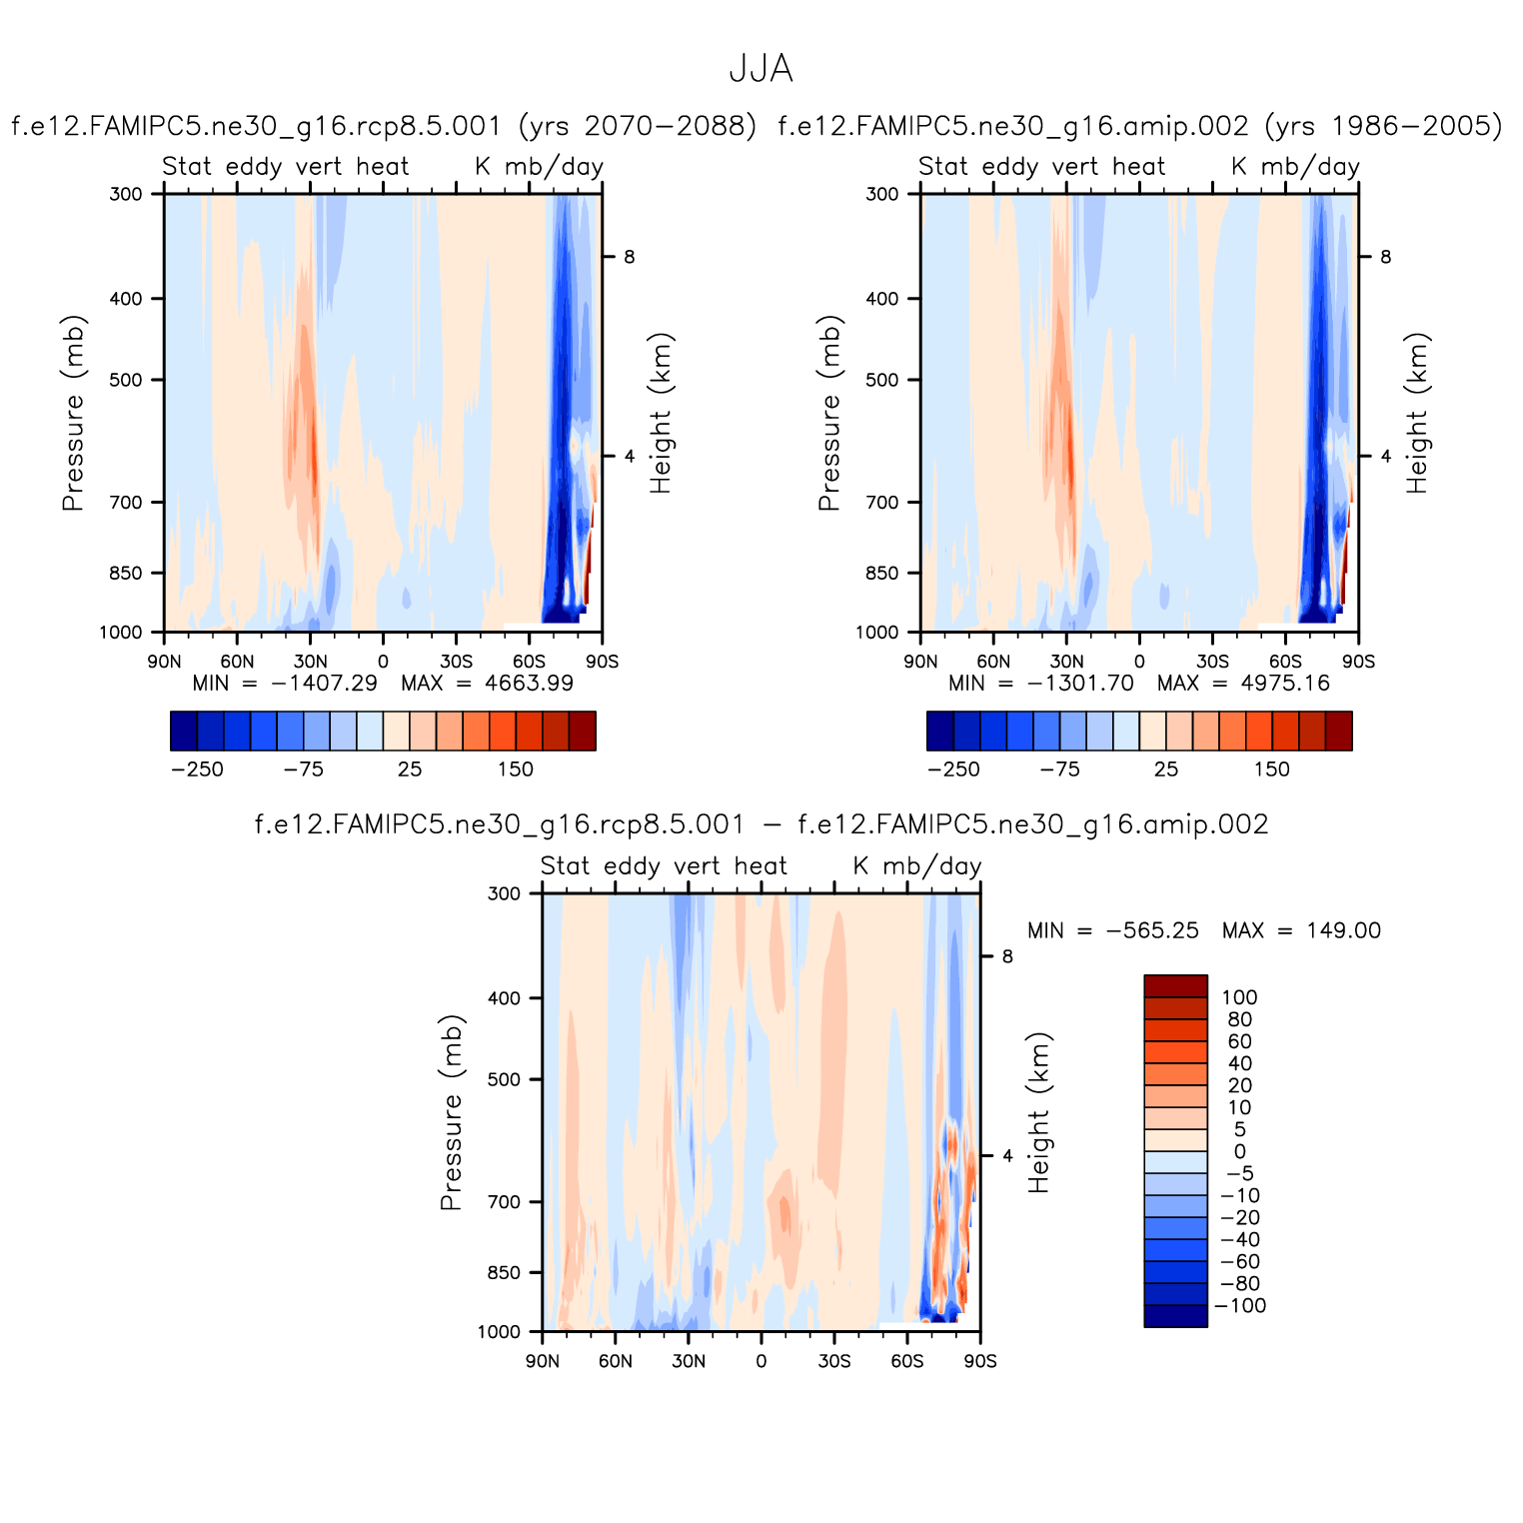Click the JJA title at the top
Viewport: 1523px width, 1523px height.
761,69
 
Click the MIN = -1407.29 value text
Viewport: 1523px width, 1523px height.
285,684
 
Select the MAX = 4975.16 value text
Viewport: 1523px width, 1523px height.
1243,684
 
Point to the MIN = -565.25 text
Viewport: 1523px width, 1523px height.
1112,930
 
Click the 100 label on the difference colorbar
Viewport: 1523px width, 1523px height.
1239,997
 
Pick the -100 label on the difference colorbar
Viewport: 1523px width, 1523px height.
1239,1306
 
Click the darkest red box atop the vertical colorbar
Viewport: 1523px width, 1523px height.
1175,986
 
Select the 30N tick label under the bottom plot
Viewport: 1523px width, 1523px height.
688,1361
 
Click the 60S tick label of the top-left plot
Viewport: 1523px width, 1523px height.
529,662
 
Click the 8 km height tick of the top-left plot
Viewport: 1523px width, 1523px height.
630,257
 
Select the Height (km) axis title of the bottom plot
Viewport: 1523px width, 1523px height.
1039,1112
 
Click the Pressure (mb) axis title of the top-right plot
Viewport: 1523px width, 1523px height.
829,413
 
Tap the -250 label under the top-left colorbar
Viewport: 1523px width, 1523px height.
197,769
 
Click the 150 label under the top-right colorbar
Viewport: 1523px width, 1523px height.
1271,769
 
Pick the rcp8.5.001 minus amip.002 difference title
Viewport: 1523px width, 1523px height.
761,824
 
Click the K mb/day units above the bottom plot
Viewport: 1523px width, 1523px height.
917,866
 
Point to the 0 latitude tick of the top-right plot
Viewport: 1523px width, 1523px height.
1139,662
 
